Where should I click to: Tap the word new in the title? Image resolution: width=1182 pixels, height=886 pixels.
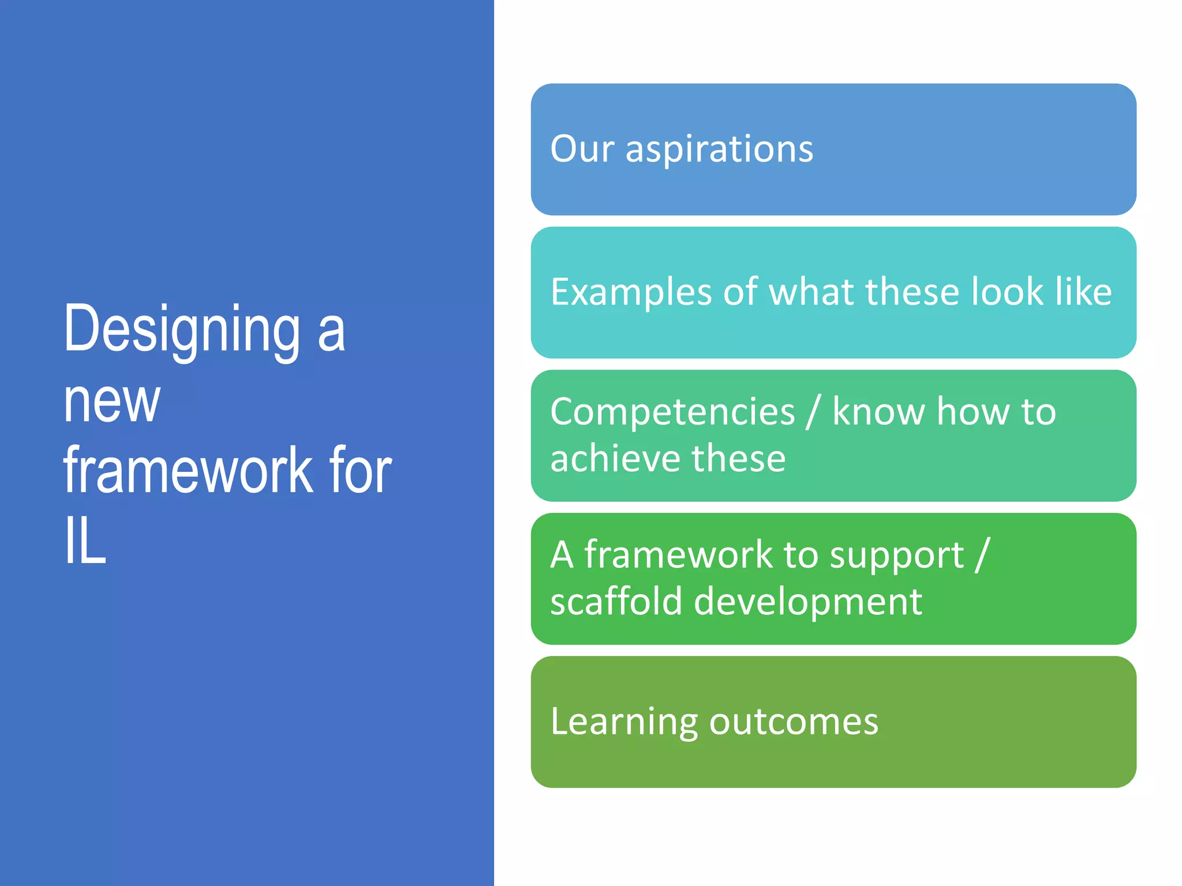[111, 401]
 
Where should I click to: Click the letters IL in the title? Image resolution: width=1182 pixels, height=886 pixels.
[85, 541]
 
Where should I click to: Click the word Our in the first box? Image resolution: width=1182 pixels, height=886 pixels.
[582, 149]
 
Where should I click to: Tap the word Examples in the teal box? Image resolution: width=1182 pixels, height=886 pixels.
[631, 292]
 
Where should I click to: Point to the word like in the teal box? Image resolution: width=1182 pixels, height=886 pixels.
[1083, 291]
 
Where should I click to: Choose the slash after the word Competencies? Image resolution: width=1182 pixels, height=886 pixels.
[813, 412]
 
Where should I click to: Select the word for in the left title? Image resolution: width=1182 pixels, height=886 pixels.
[360, 471]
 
